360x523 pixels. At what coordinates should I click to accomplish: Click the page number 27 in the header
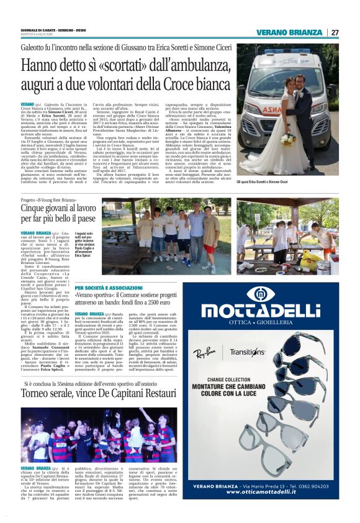coord(335,32)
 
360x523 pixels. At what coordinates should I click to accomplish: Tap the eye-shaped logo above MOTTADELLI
coord(287,295)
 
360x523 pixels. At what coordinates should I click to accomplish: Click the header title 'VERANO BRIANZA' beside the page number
coord(290,32)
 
